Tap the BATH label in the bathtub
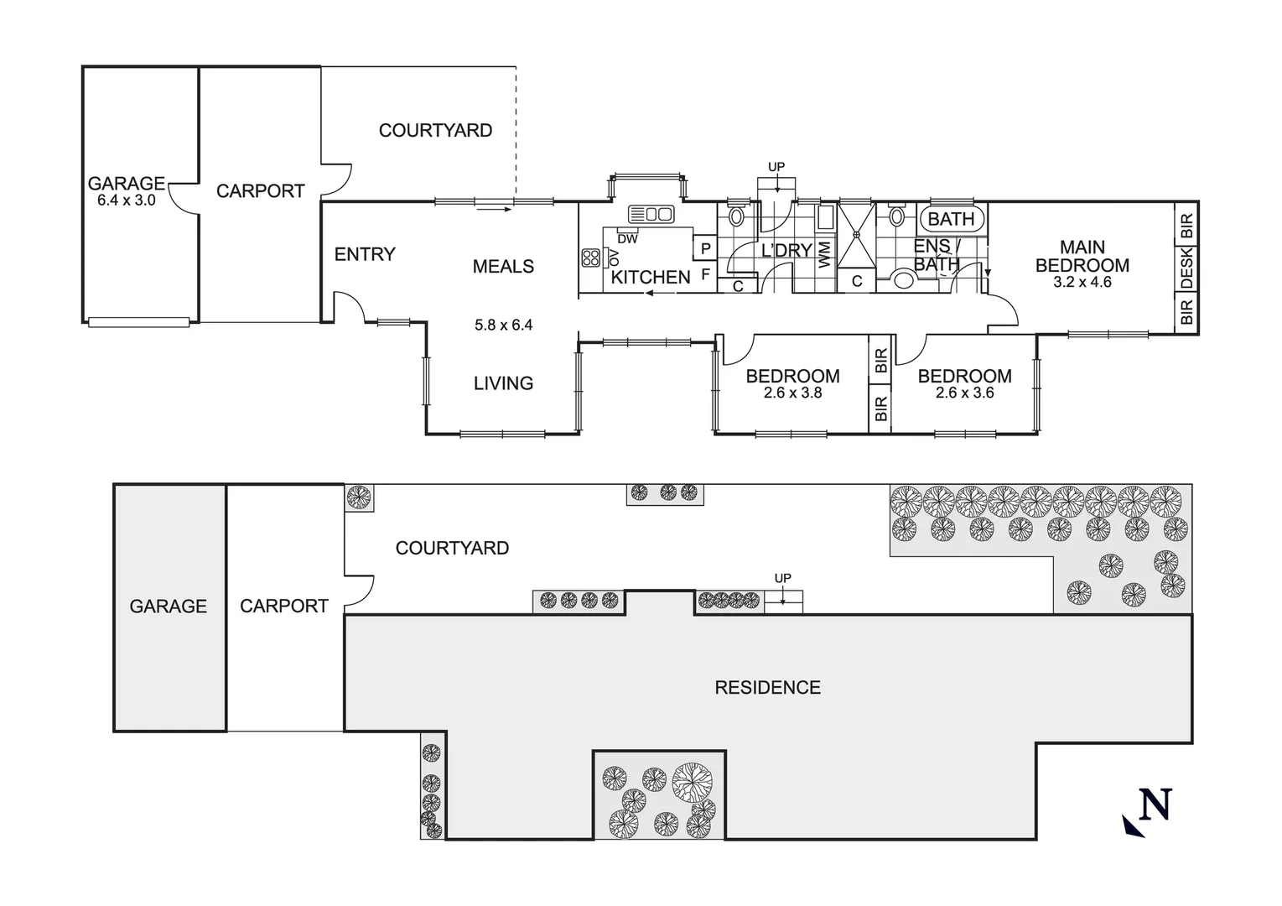(951, 219)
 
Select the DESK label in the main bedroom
(1186, 267)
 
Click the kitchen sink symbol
(651, 214)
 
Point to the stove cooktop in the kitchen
(590, 258)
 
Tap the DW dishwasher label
(627, 239)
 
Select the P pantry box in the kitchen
(706, 248)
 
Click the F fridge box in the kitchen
(706, 273)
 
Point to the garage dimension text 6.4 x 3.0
(127, 201)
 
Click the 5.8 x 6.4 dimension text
(503, 325)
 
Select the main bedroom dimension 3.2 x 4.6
(1082, 283)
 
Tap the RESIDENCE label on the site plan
(767, 688)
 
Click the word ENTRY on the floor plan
(365, 254)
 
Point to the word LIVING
(503, 383)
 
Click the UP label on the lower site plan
(782, 578)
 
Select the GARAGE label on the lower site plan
(168, 606)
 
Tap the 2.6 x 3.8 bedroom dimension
(792, 393)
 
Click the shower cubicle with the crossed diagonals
(856, 236)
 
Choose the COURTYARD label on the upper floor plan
(435, 130)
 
